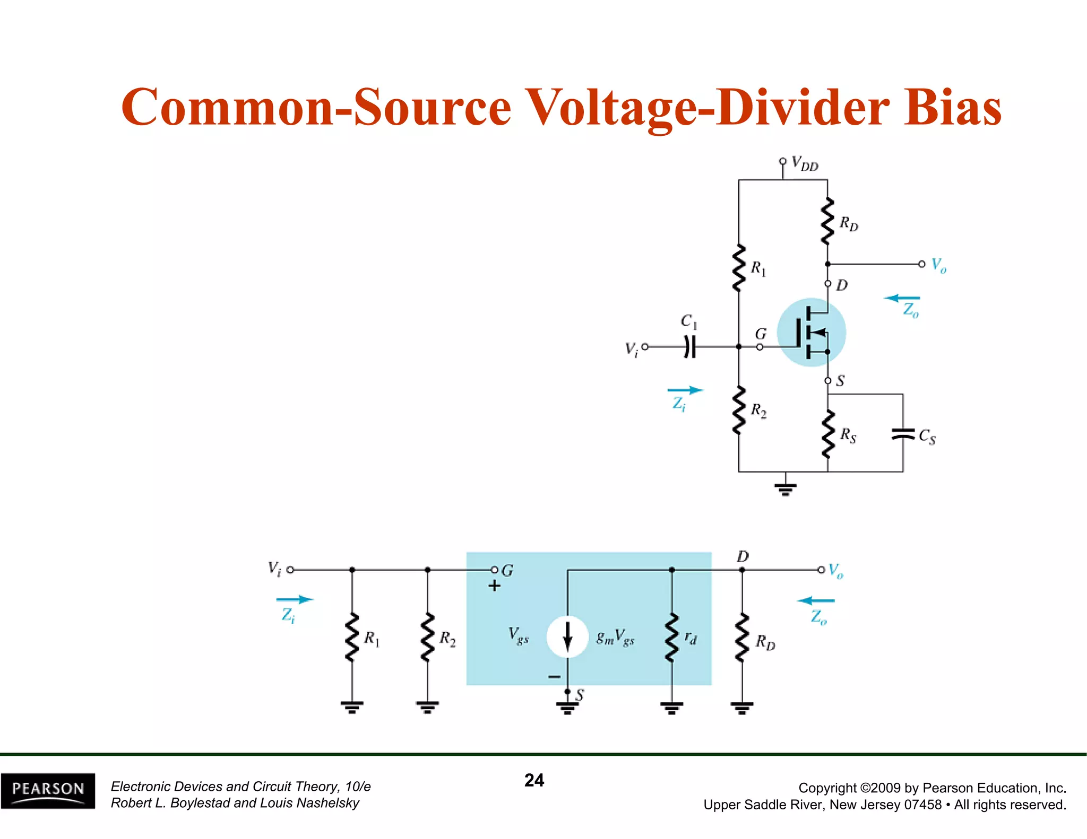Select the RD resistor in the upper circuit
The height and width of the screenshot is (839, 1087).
827,222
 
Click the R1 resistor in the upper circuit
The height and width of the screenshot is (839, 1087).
738,268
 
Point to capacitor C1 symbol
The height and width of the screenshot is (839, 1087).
689,347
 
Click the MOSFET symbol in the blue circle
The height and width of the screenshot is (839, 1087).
811,333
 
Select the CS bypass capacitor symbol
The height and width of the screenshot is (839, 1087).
903,434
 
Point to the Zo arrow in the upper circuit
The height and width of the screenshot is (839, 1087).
902,298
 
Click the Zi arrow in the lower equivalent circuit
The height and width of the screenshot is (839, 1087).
295,599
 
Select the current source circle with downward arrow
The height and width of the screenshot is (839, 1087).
567,636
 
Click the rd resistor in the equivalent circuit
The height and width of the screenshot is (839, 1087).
672,638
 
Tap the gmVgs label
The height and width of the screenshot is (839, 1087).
615,637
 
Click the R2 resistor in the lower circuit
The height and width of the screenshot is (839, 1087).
427,638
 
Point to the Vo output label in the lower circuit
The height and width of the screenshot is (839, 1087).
835,571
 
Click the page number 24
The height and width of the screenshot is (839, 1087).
534,780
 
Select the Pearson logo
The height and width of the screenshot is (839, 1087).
48,790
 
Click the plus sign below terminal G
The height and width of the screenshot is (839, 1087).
494,586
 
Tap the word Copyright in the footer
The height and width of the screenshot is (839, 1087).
827,788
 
